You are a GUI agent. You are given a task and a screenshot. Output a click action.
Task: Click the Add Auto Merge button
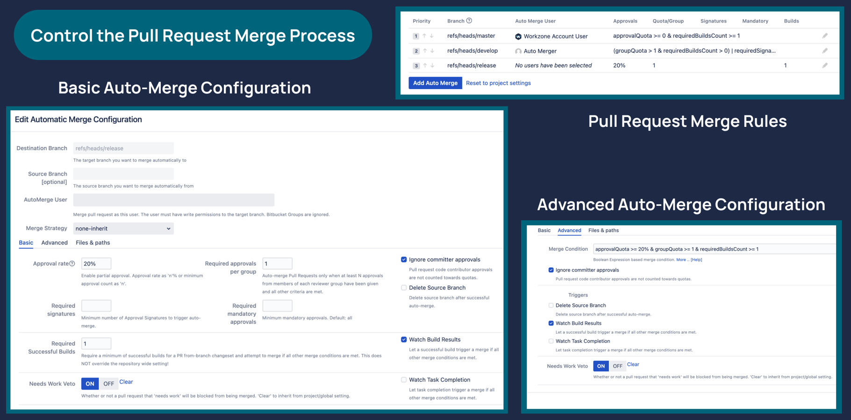click(x=435, y=83)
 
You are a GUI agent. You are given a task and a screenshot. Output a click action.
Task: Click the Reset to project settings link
click(x=498, y=83)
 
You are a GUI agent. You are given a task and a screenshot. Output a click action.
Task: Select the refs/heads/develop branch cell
click(x=472, y=51)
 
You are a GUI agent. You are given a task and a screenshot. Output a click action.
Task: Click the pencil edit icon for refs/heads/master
click(x=825, y=36)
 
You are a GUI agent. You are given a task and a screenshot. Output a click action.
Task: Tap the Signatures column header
click(x=713, y=21)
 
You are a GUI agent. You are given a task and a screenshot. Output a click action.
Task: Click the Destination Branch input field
click(x=123, y=148)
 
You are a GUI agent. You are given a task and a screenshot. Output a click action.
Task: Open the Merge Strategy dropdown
click(x=123, y=229)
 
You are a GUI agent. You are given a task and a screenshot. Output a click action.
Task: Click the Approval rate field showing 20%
click(x=96, y=264)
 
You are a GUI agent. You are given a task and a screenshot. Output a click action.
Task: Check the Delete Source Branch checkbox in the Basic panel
click(x=404, y=288)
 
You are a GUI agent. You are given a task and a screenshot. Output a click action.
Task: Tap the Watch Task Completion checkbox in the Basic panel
click(x=404, y=380)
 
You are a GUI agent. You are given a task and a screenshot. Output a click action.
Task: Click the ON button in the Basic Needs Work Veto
click(x=90, y=384)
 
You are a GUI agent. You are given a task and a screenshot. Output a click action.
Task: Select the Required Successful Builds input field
click(x=96, y=344)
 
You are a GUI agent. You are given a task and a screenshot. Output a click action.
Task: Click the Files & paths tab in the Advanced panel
click(x=603, y=231)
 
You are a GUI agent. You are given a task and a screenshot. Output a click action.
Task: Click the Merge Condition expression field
click(x=713, y=249)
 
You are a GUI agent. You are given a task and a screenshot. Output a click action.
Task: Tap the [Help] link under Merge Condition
click(x=696, y=260)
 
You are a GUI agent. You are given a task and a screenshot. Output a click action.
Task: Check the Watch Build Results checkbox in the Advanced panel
click(x=551, y=323)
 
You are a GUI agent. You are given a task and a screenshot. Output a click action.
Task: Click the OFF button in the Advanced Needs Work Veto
click(x=617, y=366)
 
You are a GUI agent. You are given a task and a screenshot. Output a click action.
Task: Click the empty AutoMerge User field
click(x=173, y=200)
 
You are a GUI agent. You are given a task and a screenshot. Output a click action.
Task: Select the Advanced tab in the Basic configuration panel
click(x=54, y=243)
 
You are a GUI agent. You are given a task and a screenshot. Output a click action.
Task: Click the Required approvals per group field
click(x=277, y=264)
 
